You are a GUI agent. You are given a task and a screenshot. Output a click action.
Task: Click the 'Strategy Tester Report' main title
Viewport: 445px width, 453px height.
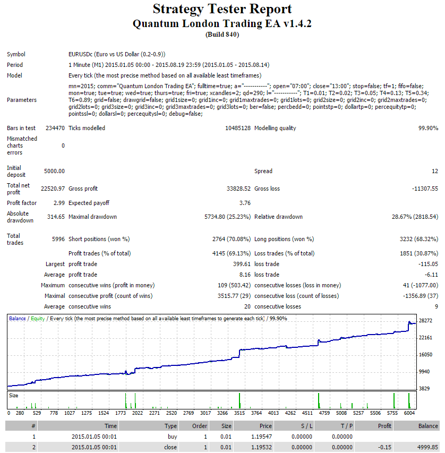pos(222,9)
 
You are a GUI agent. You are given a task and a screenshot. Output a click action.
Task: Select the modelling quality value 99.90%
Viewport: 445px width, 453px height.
pos(428,128)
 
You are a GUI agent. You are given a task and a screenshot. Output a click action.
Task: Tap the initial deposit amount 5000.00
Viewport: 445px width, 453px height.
pos(54,171)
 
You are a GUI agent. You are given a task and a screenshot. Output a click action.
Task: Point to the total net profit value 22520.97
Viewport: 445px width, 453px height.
pos(53,189)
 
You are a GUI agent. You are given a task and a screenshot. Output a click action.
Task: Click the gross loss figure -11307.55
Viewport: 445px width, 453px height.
pos(425,189)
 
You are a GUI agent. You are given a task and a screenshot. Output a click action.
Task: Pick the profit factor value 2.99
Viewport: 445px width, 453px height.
pos(59,203)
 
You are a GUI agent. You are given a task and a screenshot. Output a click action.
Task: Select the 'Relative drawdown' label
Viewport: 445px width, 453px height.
pos(278,217)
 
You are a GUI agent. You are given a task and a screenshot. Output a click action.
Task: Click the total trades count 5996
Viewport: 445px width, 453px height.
pos(58,239)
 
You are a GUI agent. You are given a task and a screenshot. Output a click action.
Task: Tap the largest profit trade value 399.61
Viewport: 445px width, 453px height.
pos(242,264)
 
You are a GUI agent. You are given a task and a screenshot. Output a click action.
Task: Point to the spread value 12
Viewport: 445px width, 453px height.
pos(435,171)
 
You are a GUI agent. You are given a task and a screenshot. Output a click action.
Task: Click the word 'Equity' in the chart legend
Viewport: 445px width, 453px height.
pos(38,318)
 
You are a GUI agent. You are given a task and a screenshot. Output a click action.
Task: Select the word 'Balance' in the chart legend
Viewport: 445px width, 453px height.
pos(18,318)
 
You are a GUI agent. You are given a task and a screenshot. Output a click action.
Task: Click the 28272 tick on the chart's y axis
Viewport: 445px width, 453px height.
pos(425,320)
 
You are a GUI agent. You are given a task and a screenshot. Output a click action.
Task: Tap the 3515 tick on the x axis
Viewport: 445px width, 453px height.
pos(239,413)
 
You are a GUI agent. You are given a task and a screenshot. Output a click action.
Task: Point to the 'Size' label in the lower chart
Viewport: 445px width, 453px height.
pos(14,395)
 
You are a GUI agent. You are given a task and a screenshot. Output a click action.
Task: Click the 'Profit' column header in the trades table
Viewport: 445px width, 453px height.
pos(384,426)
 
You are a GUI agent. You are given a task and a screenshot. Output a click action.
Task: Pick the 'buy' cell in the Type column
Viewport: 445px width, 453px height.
pos(172,437)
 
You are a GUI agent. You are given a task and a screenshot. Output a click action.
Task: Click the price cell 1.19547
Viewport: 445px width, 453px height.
pos(261,437)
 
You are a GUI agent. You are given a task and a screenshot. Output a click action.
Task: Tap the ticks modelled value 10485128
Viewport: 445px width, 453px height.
pos(238,128)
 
